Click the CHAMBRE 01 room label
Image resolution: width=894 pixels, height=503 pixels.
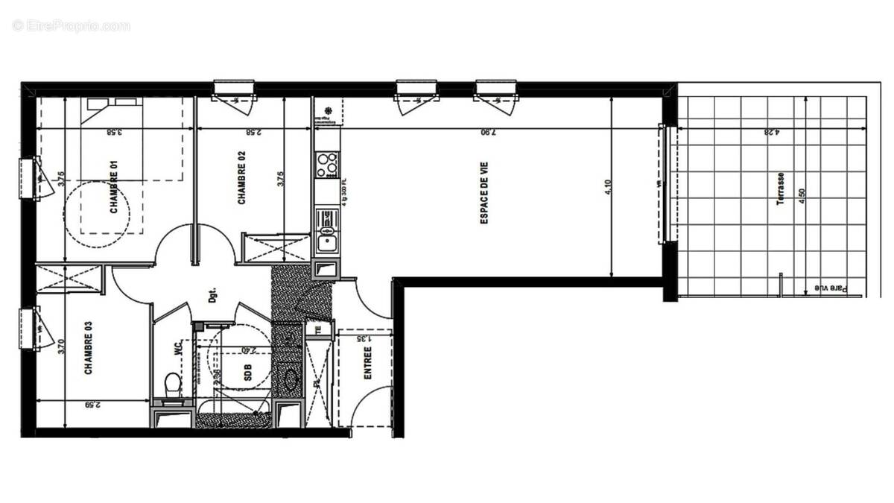[x=115, y=193]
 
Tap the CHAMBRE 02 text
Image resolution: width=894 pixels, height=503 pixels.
[x=241, y=178]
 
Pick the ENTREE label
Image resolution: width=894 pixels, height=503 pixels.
[x=367, y=363]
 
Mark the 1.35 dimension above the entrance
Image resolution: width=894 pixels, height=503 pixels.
[x=363, y=338]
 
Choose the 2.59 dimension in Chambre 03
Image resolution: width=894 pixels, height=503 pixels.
[x=93, y=406]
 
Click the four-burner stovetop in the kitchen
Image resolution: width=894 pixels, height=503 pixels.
[x=326, y=165]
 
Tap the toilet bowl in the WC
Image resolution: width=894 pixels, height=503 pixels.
[x=172, y=385]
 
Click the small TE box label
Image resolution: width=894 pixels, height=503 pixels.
[x=318, y=329]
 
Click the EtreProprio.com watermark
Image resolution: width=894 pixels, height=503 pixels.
[x=72, y=26]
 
